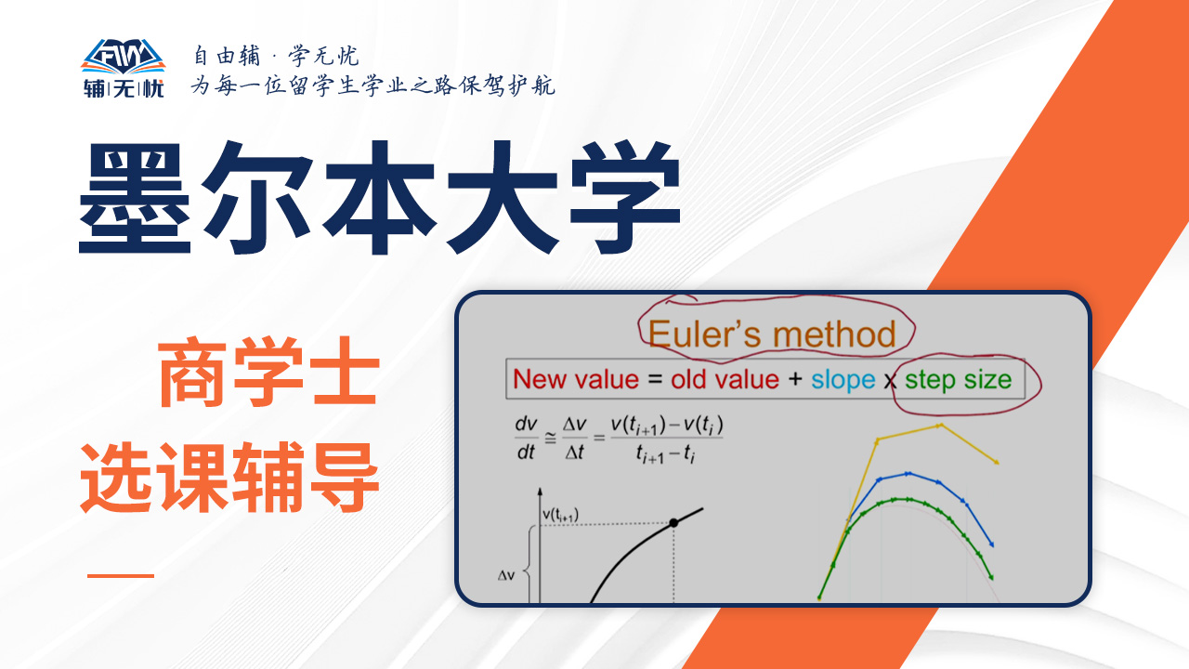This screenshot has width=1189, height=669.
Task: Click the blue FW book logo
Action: tap(124, 57)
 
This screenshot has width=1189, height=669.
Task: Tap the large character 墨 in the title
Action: tap(135, 198)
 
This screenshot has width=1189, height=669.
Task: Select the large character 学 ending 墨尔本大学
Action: tap(626, 198)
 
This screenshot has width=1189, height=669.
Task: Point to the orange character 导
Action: tap(344, 477)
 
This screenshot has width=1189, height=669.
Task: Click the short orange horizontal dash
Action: tap(121, 575)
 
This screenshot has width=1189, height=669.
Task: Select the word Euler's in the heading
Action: tap(705, 334)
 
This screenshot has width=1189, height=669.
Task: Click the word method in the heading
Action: tap(834, 334)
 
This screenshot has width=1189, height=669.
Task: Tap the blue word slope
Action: tap(843, 380)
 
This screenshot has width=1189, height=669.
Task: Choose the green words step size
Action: tap(959, 380)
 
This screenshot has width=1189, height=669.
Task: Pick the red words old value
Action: tap(725, 380)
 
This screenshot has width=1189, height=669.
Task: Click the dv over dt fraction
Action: tap(526, 438)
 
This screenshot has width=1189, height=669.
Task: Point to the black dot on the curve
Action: tap(673, 522)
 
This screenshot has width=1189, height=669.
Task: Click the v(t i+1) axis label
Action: tap(560, 515)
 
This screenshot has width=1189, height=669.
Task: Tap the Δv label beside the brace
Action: tap(506, 575)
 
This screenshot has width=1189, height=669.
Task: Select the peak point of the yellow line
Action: tap(940, 426)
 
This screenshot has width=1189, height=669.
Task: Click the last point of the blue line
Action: tap(991, 544)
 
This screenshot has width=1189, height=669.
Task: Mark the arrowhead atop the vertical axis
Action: tap(540, 492)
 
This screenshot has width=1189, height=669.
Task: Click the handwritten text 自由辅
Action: tap(227, 56)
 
